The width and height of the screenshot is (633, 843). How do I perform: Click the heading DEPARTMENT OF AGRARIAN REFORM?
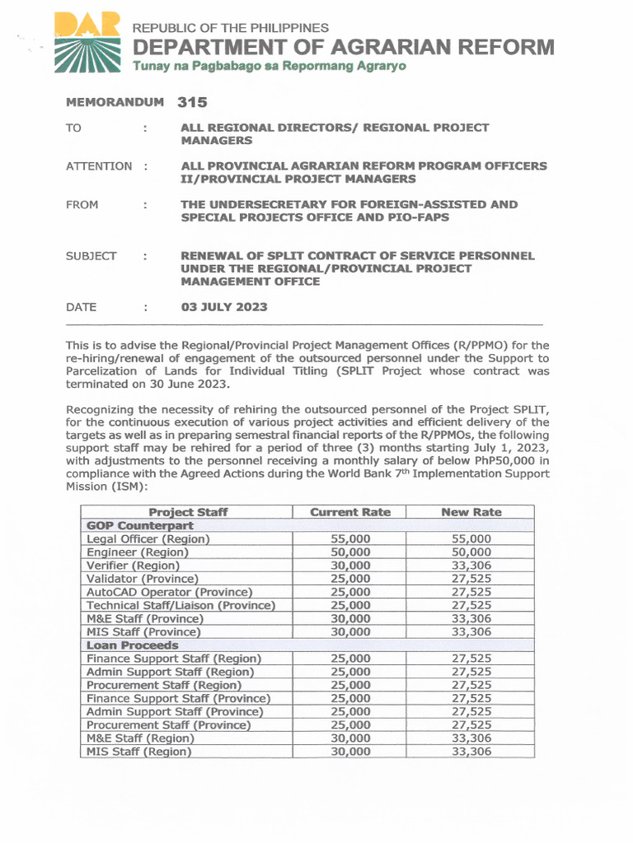pos(344,47)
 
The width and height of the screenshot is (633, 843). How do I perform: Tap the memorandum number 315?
pos(192,103)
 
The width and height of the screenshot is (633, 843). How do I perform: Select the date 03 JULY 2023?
pos(224,307)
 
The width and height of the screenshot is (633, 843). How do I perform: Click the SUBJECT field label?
pos(91,256)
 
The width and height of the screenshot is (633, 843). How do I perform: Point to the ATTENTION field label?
pos(99,166)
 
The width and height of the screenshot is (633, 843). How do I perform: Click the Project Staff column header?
pos(188,512)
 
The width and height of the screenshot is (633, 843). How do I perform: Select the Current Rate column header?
pos(350,512)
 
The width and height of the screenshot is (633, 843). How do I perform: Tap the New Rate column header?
pos(471,512)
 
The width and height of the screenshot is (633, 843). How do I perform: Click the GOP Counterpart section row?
pos(140,525)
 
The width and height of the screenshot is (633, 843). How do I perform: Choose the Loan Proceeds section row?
pos(133,645)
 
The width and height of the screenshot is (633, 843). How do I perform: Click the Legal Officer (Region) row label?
pos(148,538)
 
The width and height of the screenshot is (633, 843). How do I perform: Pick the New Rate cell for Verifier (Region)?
pos(471,566)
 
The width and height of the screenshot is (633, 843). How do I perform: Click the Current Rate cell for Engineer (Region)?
pos(350,552)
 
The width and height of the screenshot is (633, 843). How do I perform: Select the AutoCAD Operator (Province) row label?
pos(169,592)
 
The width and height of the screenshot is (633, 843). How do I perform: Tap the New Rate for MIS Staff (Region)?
pos(471,752)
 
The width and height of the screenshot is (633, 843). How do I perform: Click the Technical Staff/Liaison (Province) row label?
pos(181,605)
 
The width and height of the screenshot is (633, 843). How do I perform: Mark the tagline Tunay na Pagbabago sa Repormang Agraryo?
pos(270,66)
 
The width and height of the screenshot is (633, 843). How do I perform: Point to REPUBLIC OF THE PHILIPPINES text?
pos(231,28)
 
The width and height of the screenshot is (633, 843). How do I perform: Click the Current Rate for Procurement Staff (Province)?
pos(350,725)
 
